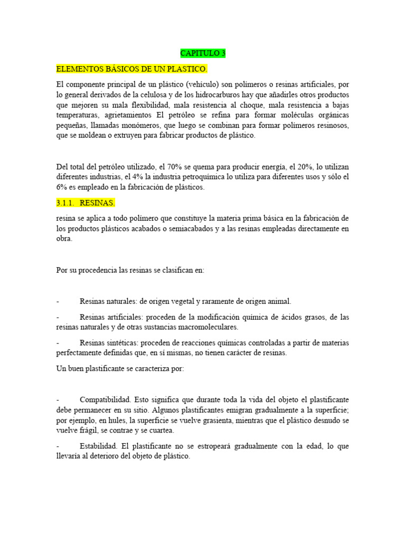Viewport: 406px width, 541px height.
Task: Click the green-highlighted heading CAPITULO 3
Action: pyautogui.click(x=203, y=53)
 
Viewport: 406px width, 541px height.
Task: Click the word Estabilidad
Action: pyautogui.click(x=99, y=446)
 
